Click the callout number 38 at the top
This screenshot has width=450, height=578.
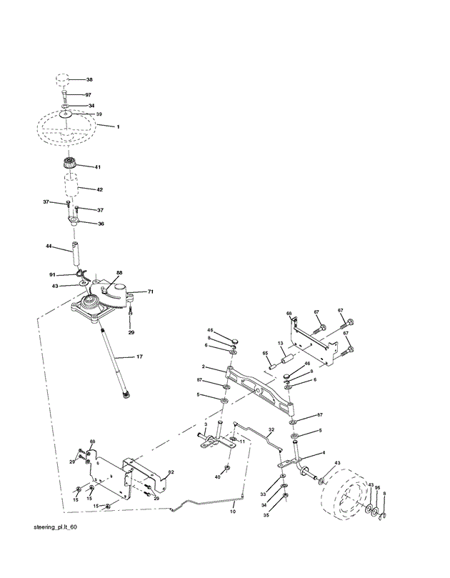pos(89,79)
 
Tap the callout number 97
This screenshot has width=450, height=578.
pos(89,95)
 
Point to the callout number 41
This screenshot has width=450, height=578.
pos(98,167)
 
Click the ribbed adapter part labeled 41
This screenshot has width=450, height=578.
pos(71,166)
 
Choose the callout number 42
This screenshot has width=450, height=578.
pos(100,189)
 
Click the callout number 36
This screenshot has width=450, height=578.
pos(101,224)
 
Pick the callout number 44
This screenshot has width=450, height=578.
pos(49,246)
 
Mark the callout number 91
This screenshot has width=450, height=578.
pos(52,274)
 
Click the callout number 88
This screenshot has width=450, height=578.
pos(119,272)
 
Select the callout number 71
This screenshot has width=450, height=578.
pos(151,292)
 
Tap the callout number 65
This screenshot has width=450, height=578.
pos(264,353)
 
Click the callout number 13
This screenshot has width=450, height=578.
pos(281,344)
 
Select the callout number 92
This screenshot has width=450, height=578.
pos(171,472)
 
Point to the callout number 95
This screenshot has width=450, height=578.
pos(378,488)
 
